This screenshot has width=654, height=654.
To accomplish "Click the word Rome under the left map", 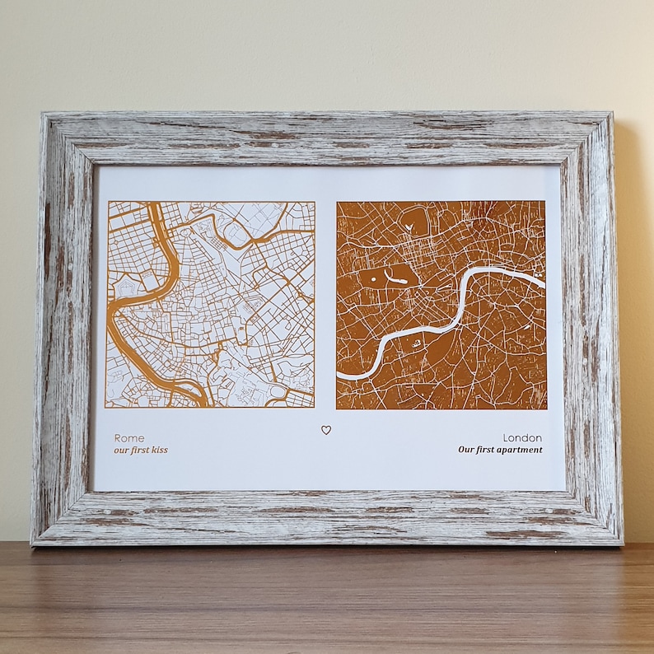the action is [x=128, y=438].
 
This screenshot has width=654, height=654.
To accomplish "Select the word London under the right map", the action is [x=523, y=438].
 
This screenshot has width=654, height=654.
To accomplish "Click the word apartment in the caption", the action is [x=519, y=451].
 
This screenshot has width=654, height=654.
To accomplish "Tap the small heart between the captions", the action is [x=326, y=430].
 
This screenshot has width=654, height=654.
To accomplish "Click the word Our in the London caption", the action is [x=466, y=451].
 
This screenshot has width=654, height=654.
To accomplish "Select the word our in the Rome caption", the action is [x=121, y=451].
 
